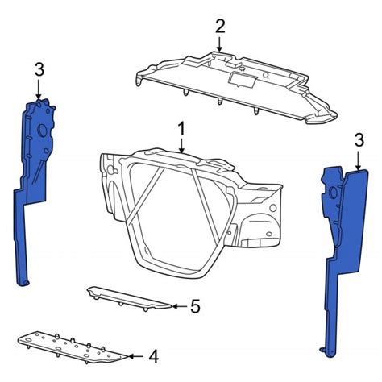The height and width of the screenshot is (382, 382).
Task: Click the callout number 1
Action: click(x=181, y=129)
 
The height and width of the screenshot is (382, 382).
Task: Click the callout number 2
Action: click(x=220, y=27)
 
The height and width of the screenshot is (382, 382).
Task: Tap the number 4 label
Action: click(x=154, y=356)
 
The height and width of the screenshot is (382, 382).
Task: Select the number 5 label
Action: click(x=196, y=306)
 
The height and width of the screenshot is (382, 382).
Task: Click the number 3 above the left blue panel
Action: click(x=39, y=69)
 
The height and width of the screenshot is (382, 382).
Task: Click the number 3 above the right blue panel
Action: click(x=359, y=140)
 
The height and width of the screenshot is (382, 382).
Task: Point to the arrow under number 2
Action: click(x=220, y=44)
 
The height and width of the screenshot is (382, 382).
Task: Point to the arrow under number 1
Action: click(x=182, y=146)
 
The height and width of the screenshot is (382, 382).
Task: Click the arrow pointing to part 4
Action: click(x=137, y=356)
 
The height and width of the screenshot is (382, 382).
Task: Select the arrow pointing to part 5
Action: click(x=179, y=306)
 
